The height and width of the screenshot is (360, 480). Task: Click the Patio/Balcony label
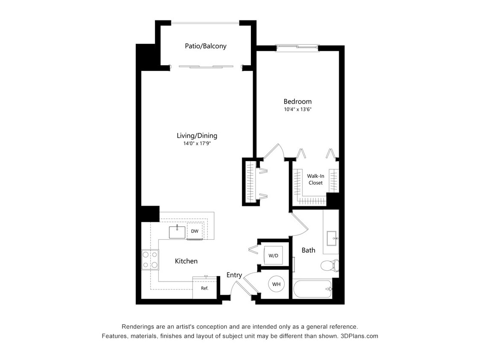[x=205, y=46]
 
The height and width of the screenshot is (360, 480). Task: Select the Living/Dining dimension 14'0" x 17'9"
[x=197, y=143]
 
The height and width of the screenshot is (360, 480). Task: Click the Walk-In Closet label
[x=315, y=179]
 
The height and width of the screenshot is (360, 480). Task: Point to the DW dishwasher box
[x=195, y=231]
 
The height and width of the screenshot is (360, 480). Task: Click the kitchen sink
[x=177, y=232]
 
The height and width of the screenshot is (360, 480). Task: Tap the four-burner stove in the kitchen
[x=150, y=259]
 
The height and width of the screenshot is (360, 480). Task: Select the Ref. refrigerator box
[x=204, y=288]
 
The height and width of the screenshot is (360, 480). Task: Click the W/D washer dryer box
[x=273, y=255]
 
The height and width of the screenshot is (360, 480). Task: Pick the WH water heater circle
[x=276, y=284]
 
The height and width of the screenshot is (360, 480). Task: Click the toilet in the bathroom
[x=329, y=265]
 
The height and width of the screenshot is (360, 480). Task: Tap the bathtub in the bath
[x=313, y=289]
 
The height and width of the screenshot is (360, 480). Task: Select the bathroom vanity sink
[x=332, y=238]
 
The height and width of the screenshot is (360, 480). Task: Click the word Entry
[x=234, y=275]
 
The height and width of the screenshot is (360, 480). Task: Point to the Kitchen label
[x=186, y=261]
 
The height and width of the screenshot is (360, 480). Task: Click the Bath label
[x=308, y=250]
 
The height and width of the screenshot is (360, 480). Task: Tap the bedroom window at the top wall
[x=297, y=48]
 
